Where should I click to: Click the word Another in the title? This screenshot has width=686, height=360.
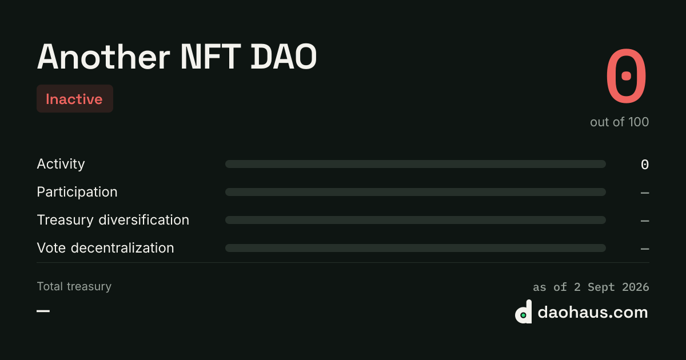click(x=103, y=57)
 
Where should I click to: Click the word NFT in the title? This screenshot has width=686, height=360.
click(x=211, y=57)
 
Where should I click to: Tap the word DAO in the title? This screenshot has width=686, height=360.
click(x=284, y=57)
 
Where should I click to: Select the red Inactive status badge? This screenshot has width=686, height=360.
click(x=75, y=98)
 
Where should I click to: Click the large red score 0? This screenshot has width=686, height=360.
click(x=627, y=75)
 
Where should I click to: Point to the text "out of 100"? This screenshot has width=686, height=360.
click(x=619, y=122)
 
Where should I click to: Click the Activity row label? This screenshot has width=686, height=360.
click(x=61, y=164)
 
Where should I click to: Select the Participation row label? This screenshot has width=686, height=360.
click(x=77, y=192)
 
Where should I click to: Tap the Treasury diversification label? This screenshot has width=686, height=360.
click(x=113, y=220)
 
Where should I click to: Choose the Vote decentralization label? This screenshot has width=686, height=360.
click(x=105, y=247)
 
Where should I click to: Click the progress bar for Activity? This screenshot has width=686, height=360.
click(x=416, y=164)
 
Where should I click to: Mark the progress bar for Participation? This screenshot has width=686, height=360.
click(x=416, y=192)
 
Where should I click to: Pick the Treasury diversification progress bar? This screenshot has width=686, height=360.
click(x=416, y=220)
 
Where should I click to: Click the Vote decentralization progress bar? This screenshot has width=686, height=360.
click(x=416, y=248)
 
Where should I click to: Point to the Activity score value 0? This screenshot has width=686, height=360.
click(x=645, y=165)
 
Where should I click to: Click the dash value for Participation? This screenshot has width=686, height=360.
click(x=645, y=193)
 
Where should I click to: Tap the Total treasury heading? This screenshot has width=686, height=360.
click(x=74, y=286)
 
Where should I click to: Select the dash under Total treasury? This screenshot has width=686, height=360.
click(x=43, y=311)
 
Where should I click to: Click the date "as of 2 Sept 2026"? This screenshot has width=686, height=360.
click(x=591, y=287)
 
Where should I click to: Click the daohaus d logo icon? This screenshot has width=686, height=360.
click(x=524, y=311)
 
